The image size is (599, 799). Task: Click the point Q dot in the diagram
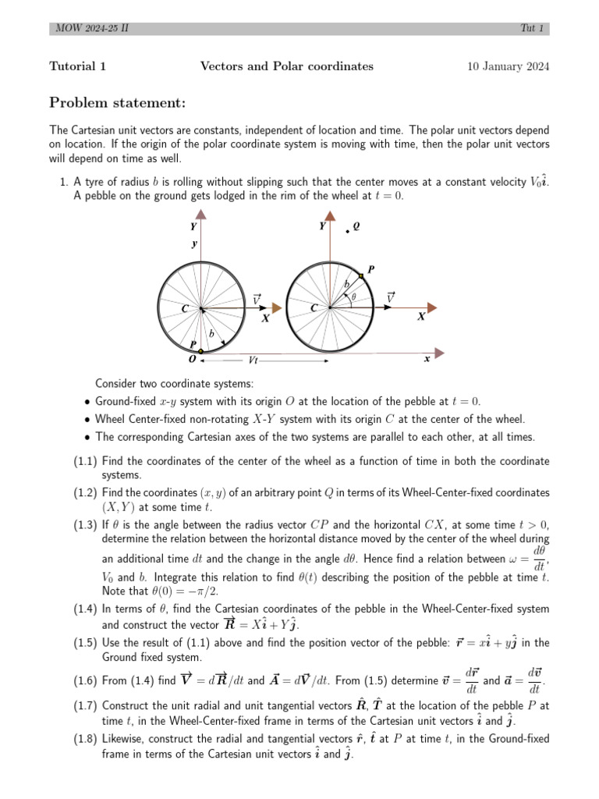[348, 231]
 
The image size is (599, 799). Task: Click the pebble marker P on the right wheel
[361, 276]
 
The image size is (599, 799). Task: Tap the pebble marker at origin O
[200, 352]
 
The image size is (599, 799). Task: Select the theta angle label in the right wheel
[353, 297]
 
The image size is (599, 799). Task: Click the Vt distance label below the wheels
[253, 360]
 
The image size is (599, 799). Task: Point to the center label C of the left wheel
[185, 308]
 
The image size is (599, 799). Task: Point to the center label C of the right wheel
[314, 308]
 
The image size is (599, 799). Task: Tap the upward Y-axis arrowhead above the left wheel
[201, 214]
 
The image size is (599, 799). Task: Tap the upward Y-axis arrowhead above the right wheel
[331, 214]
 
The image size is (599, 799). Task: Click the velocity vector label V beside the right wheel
[390, 297]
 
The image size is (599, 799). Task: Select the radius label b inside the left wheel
[208, 333]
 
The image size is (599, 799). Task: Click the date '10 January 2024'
[508, 66]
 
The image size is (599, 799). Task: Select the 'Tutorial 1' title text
[78, 66]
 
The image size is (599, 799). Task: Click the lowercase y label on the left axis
[194, 244]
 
